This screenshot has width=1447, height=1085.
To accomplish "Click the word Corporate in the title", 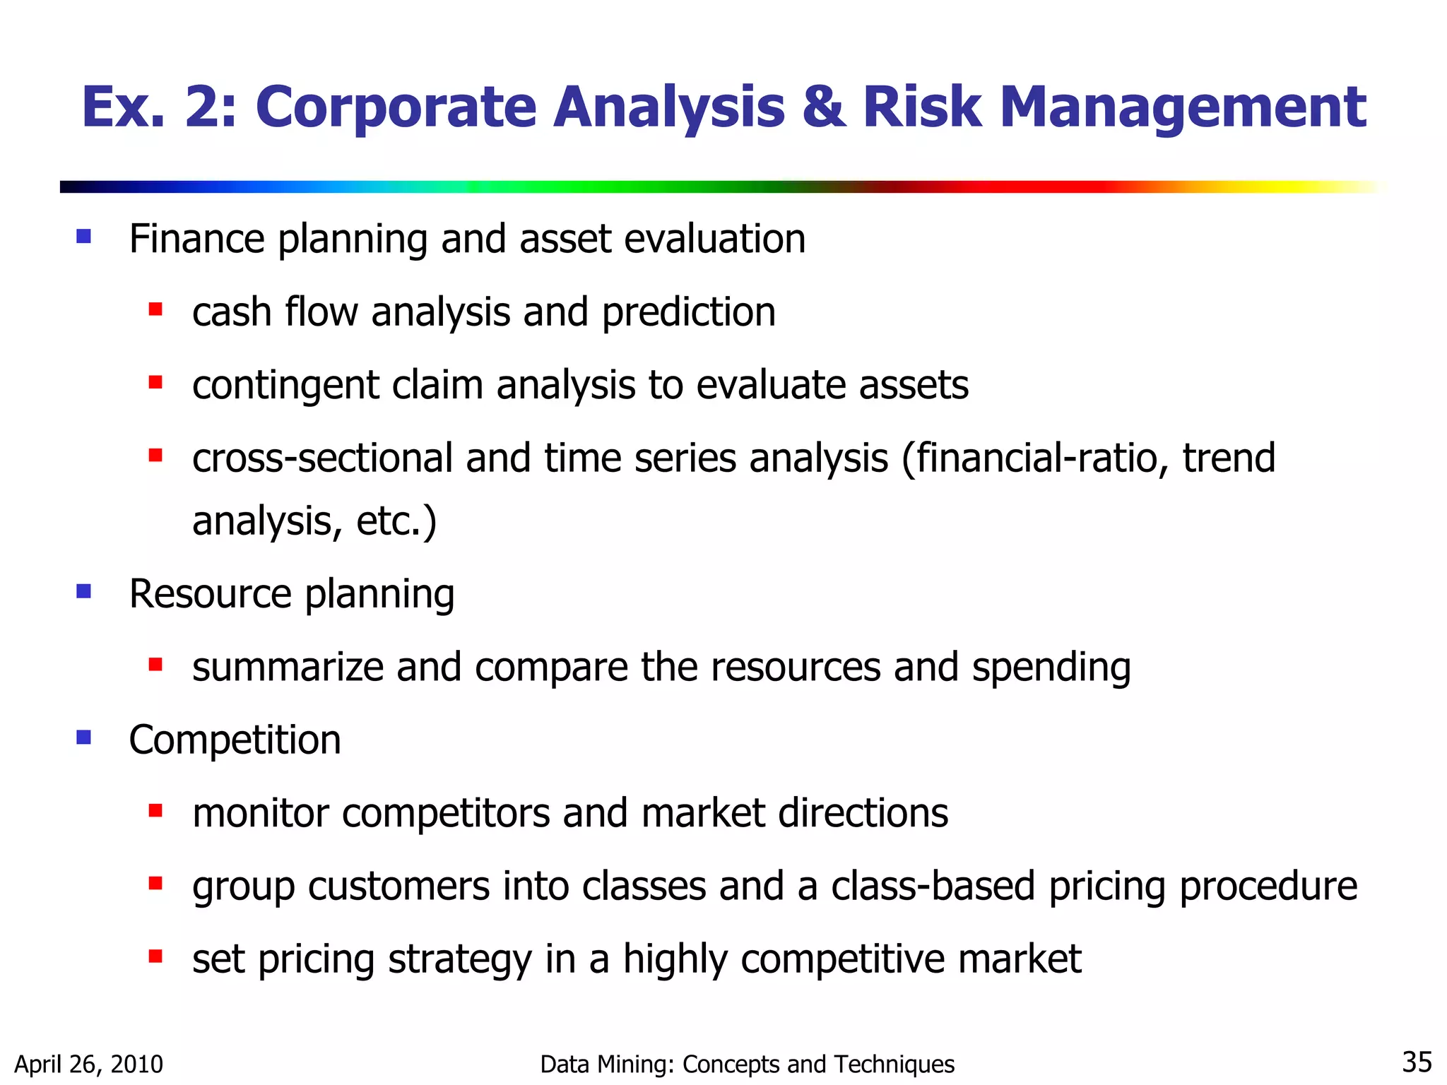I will (x=396, y=108).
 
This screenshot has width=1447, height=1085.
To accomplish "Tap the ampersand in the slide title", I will (x=824, y=108).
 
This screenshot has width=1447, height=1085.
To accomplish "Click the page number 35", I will (x=1416, y=1062).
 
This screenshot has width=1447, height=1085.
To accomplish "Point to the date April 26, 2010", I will (x=89, y=1064).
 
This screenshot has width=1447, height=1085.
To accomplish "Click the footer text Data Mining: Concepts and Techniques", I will (x=747, y=1064).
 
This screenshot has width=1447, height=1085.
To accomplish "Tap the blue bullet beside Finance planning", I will (x=84, y=237).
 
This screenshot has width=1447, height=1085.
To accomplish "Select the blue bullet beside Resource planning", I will (x=84, y=591).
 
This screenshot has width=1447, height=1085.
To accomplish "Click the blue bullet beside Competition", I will (x=84, y=737).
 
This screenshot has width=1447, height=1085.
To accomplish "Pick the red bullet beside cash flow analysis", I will (x=156, y=309).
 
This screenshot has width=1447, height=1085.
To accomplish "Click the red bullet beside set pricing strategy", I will (x=156, y=956).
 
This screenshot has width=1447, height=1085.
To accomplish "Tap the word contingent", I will (x=285, y=386).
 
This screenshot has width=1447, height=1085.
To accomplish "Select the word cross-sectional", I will (x=322, y=458).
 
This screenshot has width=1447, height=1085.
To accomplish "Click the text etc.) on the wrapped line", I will (x=396, y=521).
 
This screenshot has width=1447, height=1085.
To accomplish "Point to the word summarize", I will (x=288, y=668).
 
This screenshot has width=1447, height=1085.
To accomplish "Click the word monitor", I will (x=261, y=813).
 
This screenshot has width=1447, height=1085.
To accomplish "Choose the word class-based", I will (x=933, y=886).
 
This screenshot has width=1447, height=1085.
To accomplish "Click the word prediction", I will (x=688, y=313).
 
